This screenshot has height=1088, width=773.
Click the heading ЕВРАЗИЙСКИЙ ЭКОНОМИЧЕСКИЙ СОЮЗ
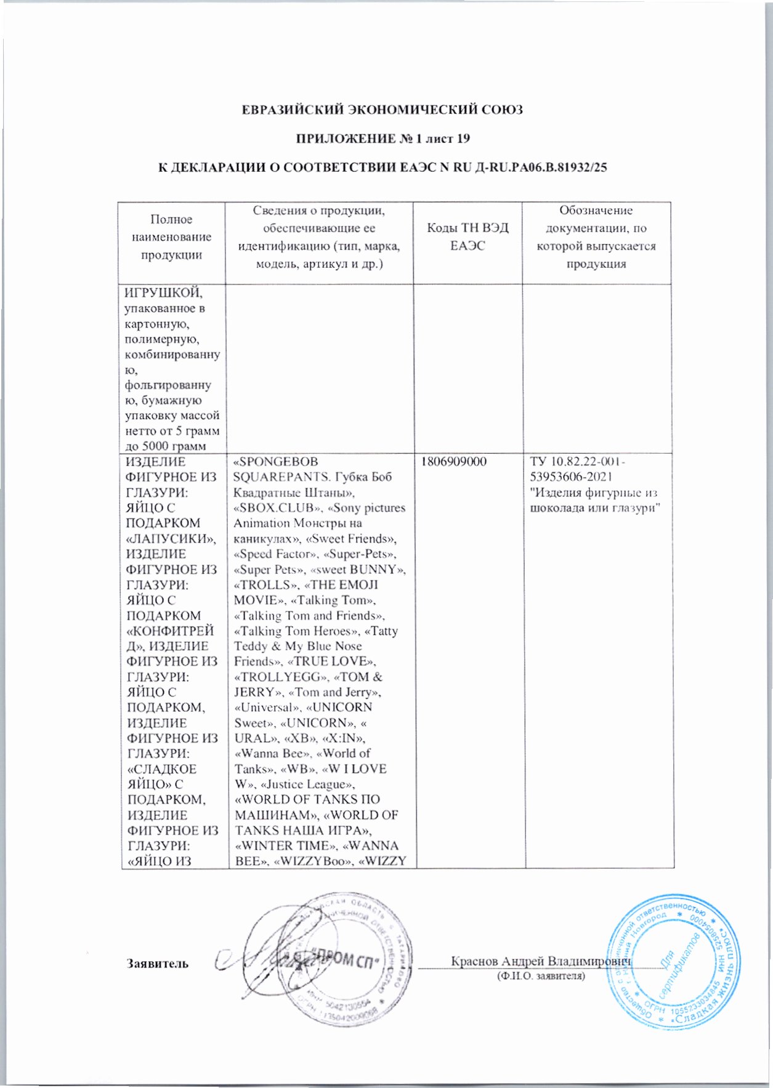(x=382, y=110)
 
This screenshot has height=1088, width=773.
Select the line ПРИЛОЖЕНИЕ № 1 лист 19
(x=383, y=139)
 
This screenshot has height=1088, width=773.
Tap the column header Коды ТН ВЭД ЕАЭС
(x=467, y=236)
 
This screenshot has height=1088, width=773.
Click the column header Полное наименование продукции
(x=171, y=237)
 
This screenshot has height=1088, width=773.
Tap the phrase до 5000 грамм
(x=164, y=446)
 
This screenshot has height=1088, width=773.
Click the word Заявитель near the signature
(x=158, y=964)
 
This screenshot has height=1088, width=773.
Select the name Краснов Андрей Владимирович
(x=542, y=961)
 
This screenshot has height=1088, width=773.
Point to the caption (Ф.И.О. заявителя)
(x=541, y=976)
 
